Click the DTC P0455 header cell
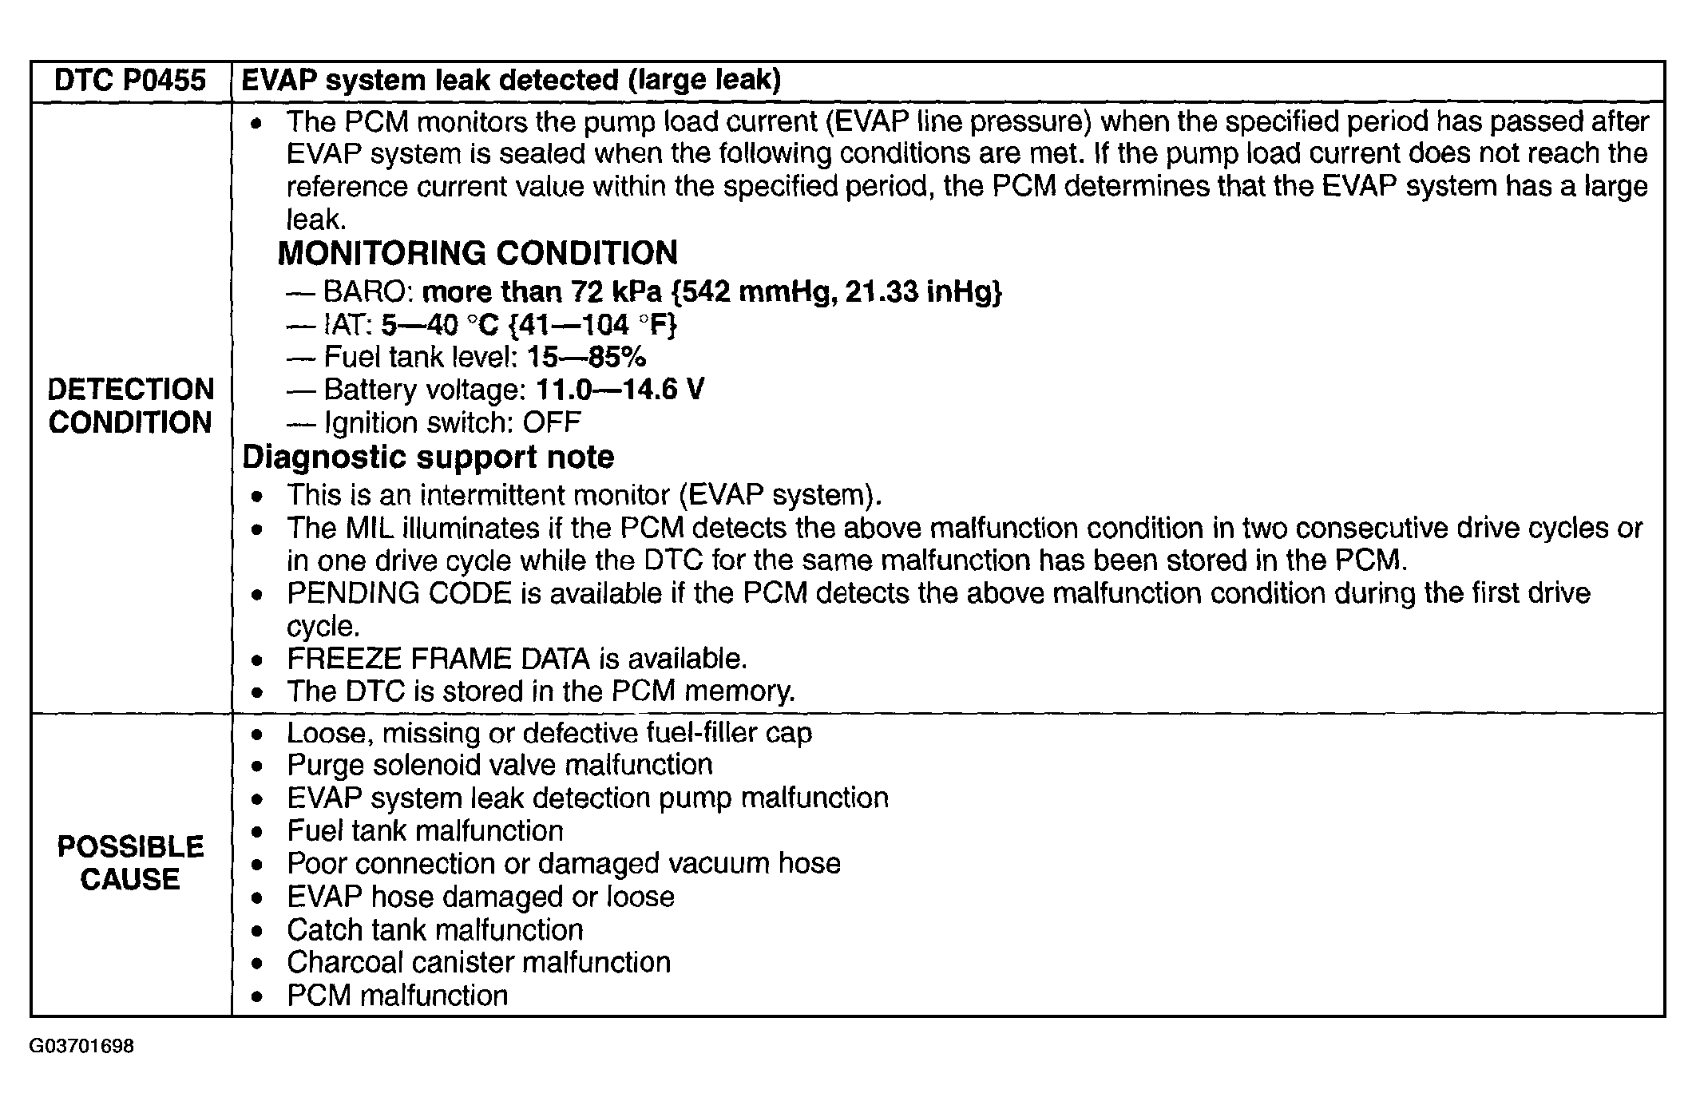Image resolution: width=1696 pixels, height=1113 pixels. (x=130, y=81)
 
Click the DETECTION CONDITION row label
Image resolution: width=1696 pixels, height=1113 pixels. (x=130, y=406)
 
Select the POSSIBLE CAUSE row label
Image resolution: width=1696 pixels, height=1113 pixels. (x=130, y=863)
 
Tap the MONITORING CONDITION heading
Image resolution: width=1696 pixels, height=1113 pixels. (x=477, y=253)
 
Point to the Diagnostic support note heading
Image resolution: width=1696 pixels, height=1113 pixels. (x=428, y=457)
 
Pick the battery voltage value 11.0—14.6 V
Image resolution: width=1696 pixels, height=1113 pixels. (x=620, y=390)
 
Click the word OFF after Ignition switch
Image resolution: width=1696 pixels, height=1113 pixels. (x=551, y=422)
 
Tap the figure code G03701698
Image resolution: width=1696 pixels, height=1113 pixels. (x=81, y=1046)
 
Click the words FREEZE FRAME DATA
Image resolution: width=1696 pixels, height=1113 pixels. (x=438, y=659)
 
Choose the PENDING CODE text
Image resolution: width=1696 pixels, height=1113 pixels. (x=398, y=593)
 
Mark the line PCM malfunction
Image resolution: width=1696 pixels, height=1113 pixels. (x=397, y=996)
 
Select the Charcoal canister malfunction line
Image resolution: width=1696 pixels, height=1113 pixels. (x=478, y=962)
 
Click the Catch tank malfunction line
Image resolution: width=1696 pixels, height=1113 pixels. (x=435, y=929)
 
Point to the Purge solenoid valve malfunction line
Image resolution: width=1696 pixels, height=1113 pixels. (x=500, y=765)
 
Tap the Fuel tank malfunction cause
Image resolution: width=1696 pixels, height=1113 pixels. (x=425, y=830)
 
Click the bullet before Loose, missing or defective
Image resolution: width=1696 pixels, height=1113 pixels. (x=256, y=734)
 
